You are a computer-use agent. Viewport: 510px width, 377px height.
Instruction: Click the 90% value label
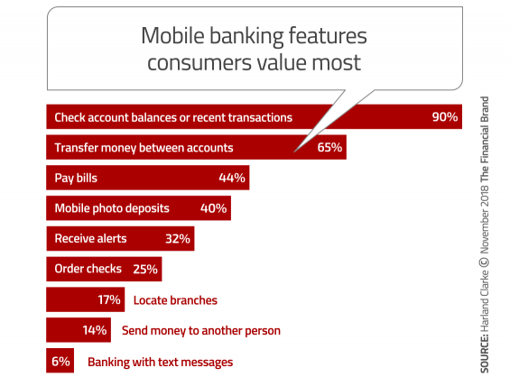445,117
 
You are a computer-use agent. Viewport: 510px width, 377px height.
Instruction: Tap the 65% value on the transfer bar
329,148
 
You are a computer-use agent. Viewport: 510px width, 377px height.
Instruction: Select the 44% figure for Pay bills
232,178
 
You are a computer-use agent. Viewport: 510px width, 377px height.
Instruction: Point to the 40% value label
213,208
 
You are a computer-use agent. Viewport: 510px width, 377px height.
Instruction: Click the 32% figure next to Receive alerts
178,238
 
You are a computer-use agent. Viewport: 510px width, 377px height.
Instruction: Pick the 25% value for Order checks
145,269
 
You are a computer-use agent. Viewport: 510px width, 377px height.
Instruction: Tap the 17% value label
109,299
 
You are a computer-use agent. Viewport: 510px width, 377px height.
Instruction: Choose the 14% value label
95,330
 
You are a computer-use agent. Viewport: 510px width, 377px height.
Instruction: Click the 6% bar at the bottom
60,361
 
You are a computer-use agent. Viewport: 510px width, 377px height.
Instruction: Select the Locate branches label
175,300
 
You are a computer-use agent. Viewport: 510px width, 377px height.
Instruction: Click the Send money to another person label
201,331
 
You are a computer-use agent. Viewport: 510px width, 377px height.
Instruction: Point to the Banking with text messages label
161,362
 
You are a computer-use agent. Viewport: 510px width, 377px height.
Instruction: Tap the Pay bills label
76,178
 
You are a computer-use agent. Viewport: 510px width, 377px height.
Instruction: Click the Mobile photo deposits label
112,208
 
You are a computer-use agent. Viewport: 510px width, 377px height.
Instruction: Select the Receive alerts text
90,238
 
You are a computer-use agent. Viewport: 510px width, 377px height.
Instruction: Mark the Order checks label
88,269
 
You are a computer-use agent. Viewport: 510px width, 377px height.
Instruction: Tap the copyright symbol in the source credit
485,262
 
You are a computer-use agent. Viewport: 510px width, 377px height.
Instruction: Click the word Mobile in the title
173,35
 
